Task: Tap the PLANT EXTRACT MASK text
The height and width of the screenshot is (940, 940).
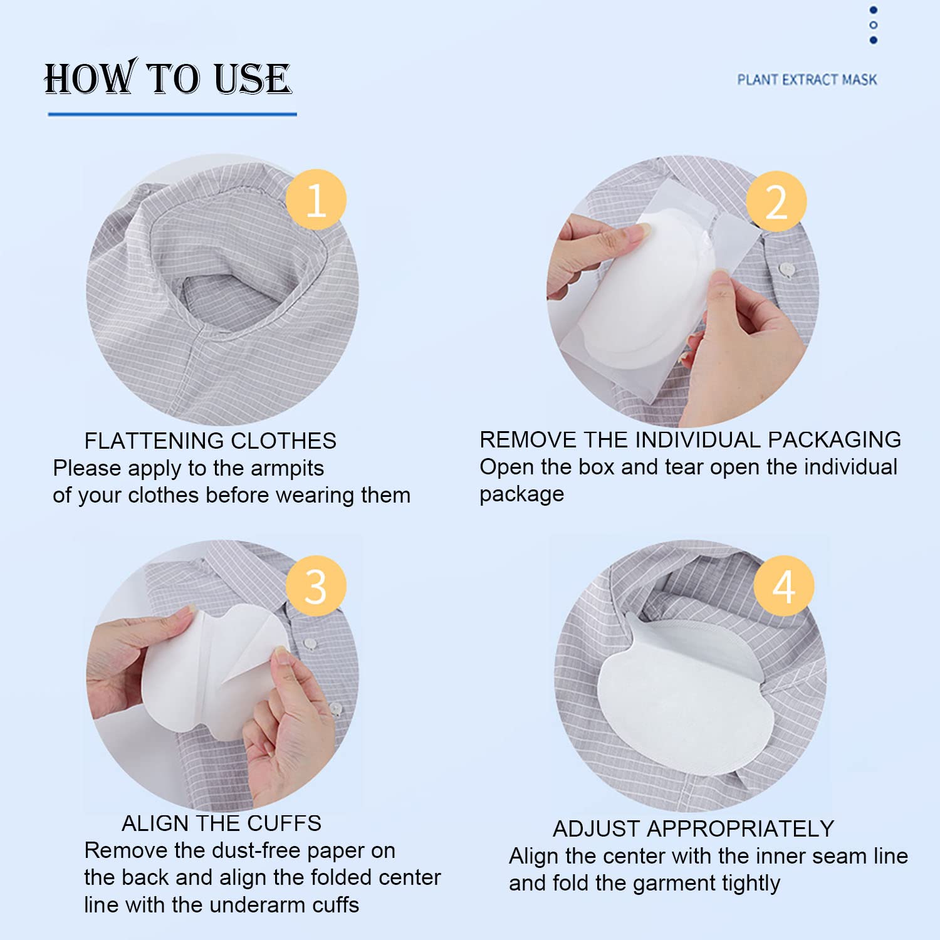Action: [807, 80]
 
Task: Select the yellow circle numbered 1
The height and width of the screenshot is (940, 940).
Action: [316, 200]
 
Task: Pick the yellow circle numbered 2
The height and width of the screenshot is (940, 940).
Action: [776, 202]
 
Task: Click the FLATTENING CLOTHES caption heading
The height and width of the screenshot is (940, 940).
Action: [211, 441]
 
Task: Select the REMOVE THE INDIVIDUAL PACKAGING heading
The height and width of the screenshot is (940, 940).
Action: [690, 440]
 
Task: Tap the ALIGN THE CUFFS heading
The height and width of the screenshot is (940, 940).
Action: [221, 823]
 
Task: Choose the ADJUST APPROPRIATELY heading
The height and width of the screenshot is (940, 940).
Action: [693, 829]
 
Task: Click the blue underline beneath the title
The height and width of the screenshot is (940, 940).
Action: [172, 114]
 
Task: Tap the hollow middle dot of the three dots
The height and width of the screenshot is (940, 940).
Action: [874, 25]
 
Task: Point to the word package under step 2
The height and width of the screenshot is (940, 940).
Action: [522, 495]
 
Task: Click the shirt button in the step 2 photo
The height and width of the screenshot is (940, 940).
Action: [787, 270]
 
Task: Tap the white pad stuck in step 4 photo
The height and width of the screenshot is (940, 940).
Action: [684, 696]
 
